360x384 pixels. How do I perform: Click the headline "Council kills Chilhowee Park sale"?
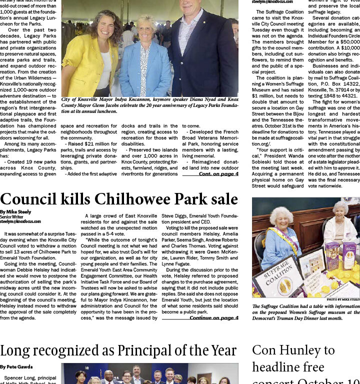[x=119, y=199]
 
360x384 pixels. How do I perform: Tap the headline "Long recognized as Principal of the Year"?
[x=118, y=351]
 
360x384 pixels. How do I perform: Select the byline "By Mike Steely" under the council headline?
[x=15, y=212]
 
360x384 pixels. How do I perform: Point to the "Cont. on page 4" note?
[x=218, y=174]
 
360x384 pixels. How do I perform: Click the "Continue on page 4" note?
[x=213, y=317]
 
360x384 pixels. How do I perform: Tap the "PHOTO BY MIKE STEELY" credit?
[x=342, y=299]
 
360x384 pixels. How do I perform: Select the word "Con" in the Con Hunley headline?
[x=265, y=350]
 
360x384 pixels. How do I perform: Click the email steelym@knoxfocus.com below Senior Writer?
[x=20, y=221]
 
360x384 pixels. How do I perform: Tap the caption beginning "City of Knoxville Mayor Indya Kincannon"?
[x=149, y=105]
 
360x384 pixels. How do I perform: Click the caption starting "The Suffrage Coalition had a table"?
[x=305, y=312]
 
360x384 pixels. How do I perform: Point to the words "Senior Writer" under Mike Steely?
[x=11, y=217]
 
